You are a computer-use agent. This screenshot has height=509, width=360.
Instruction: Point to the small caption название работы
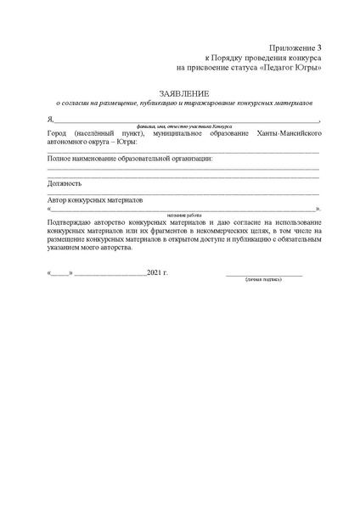point(183,215)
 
